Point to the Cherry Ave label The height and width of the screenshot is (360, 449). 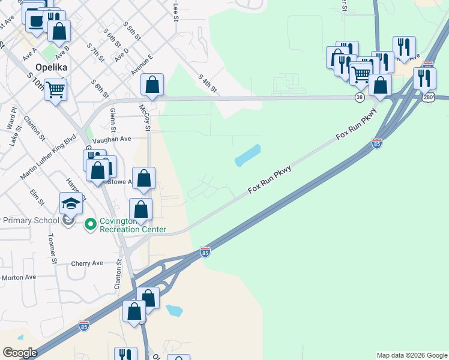[x=87, y=263]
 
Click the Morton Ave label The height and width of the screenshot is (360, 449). [x=19, y=277]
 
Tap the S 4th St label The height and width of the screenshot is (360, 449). [x=207, y=83]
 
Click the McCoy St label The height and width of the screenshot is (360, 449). [x=144, y=118]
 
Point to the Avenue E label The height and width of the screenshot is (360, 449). [x=142, y=64]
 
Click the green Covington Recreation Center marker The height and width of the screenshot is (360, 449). [x=91, y=224]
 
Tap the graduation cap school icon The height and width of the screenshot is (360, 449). [x=71, y=202]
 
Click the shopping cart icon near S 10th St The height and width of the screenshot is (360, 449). [x=55, y=90]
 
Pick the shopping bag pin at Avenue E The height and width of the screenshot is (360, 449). [x=152, y=84]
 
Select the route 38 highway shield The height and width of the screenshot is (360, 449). [x=360, y=97]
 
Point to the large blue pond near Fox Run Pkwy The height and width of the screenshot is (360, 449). [x=248, y=155]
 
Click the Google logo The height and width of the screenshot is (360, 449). [x=20, y=353]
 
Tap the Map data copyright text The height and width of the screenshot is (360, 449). [x=412, y=355]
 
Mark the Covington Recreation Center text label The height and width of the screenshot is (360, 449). [x=132, y=225]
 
